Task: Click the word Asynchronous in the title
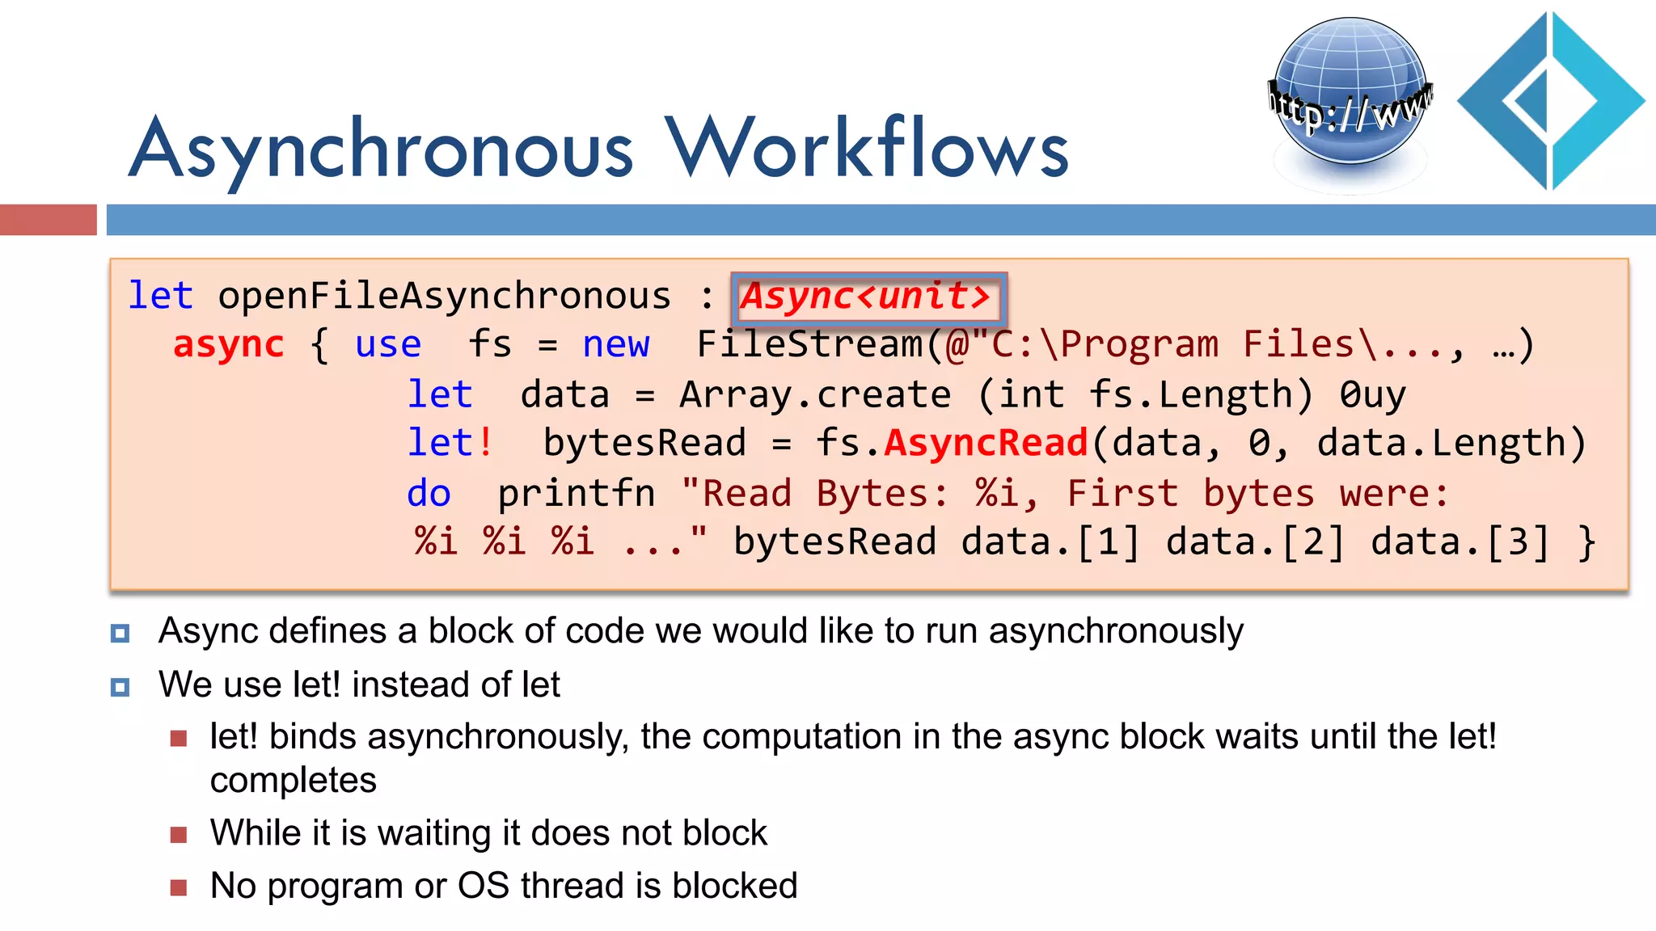coord(381,150)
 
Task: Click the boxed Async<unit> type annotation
coord(868,297)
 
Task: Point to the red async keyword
coord(229,345)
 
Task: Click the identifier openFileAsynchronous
coord(444,297)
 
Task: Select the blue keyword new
coord(615,345)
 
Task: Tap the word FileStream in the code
coord(809,345)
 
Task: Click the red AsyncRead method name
coord(986,444)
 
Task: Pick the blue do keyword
coord(429,494)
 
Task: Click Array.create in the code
coord(815,395)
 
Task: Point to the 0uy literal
coord(1372,395)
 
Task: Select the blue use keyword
coord(388,345)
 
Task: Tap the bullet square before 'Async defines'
coord(120,633)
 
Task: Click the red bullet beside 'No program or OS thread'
coord(179,888)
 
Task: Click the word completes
coord(294,781)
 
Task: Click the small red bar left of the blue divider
coord(48,220)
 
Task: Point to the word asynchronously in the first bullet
coord(1116,631)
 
